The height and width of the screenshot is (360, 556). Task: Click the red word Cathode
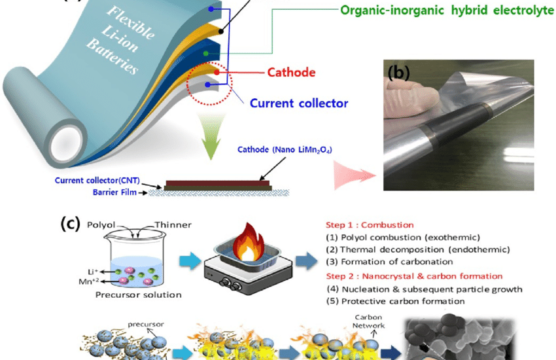292,73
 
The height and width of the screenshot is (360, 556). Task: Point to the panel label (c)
71,223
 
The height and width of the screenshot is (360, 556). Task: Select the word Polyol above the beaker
101,225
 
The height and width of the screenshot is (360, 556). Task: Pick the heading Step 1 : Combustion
369,225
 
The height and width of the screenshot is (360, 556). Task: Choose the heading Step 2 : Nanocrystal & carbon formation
413,276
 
